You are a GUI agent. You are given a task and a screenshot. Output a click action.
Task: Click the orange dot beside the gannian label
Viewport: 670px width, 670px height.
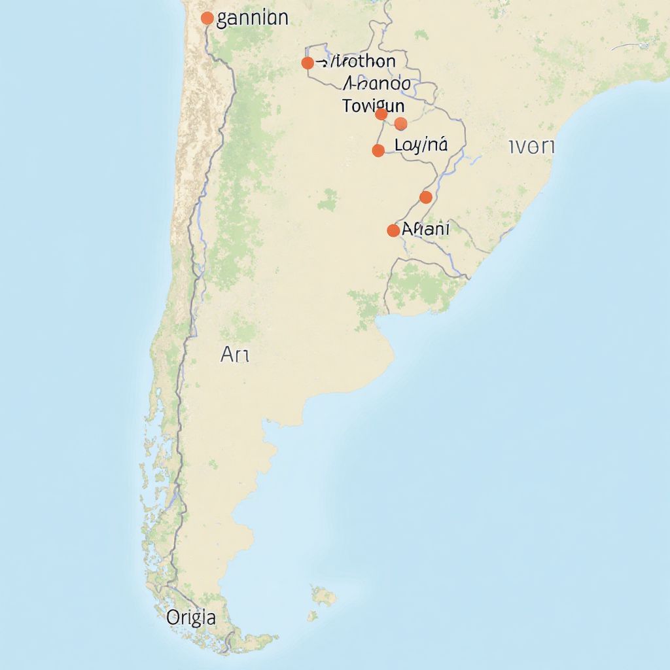[207, 18]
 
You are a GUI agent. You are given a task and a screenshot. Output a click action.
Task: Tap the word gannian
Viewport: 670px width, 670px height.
[252, 18]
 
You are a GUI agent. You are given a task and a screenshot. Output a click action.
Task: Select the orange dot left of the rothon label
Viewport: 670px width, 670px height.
[307, 63]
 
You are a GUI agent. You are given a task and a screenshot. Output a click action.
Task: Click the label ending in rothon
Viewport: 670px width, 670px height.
[357, 62]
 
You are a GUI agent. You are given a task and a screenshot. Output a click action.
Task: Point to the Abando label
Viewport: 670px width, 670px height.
[377, 84]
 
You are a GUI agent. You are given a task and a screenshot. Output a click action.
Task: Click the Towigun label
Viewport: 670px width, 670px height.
[373, 105]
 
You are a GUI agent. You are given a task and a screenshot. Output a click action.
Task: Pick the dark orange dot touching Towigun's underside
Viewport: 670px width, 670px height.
[381, 115]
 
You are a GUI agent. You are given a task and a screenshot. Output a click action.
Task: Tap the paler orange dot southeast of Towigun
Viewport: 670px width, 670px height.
[401, 124]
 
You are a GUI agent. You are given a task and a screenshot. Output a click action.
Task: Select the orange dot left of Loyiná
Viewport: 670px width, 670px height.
[378, 150]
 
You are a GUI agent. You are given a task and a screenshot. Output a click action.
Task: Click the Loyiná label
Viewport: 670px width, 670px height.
[421, 145]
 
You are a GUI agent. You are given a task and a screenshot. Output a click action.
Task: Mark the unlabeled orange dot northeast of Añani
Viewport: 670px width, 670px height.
[426, 197]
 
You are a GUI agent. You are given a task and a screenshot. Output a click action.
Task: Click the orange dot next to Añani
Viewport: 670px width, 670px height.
[393, 230]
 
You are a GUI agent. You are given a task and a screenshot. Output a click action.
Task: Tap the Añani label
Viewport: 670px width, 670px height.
[425, 229]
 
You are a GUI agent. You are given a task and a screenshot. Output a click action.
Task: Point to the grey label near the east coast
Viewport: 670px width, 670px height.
[531, 147]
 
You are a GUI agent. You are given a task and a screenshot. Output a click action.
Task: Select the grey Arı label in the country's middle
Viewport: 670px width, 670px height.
[235, 355]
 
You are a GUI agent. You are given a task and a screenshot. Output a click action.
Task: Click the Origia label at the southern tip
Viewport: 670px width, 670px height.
[190, 617]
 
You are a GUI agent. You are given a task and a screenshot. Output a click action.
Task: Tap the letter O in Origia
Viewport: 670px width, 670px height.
[173, 616]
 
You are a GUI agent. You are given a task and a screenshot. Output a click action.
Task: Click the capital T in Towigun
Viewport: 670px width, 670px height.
[347, 105]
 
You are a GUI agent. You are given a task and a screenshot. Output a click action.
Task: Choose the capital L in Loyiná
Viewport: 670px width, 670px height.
[399, 145]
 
